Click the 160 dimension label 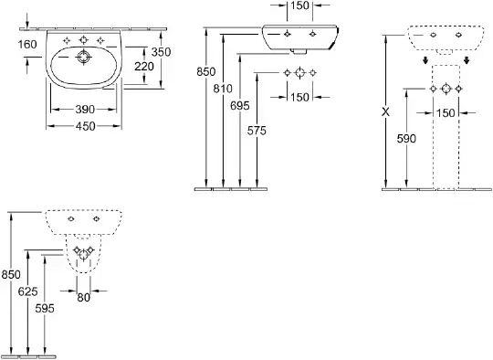coord(27,45)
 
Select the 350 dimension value coord(161,52)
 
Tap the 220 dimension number coord(144,67)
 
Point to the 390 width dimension coord(85,110)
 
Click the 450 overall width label coord(85,126)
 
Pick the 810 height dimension coord(223,89)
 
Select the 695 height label coord(239,106)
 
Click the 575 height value coord(257,131)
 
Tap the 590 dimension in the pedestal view coord(406,139)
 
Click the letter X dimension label coord(385,111)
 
